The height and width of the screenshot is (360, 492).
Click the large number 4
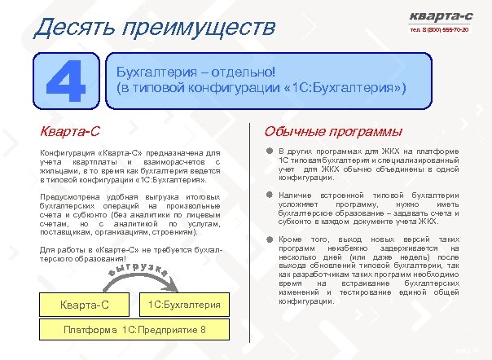click(65, 80)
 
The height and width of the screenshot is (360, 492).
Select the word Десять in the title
click(67, 27)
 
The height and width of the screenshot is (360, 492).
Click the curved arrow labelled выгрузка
click(139, 274)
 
